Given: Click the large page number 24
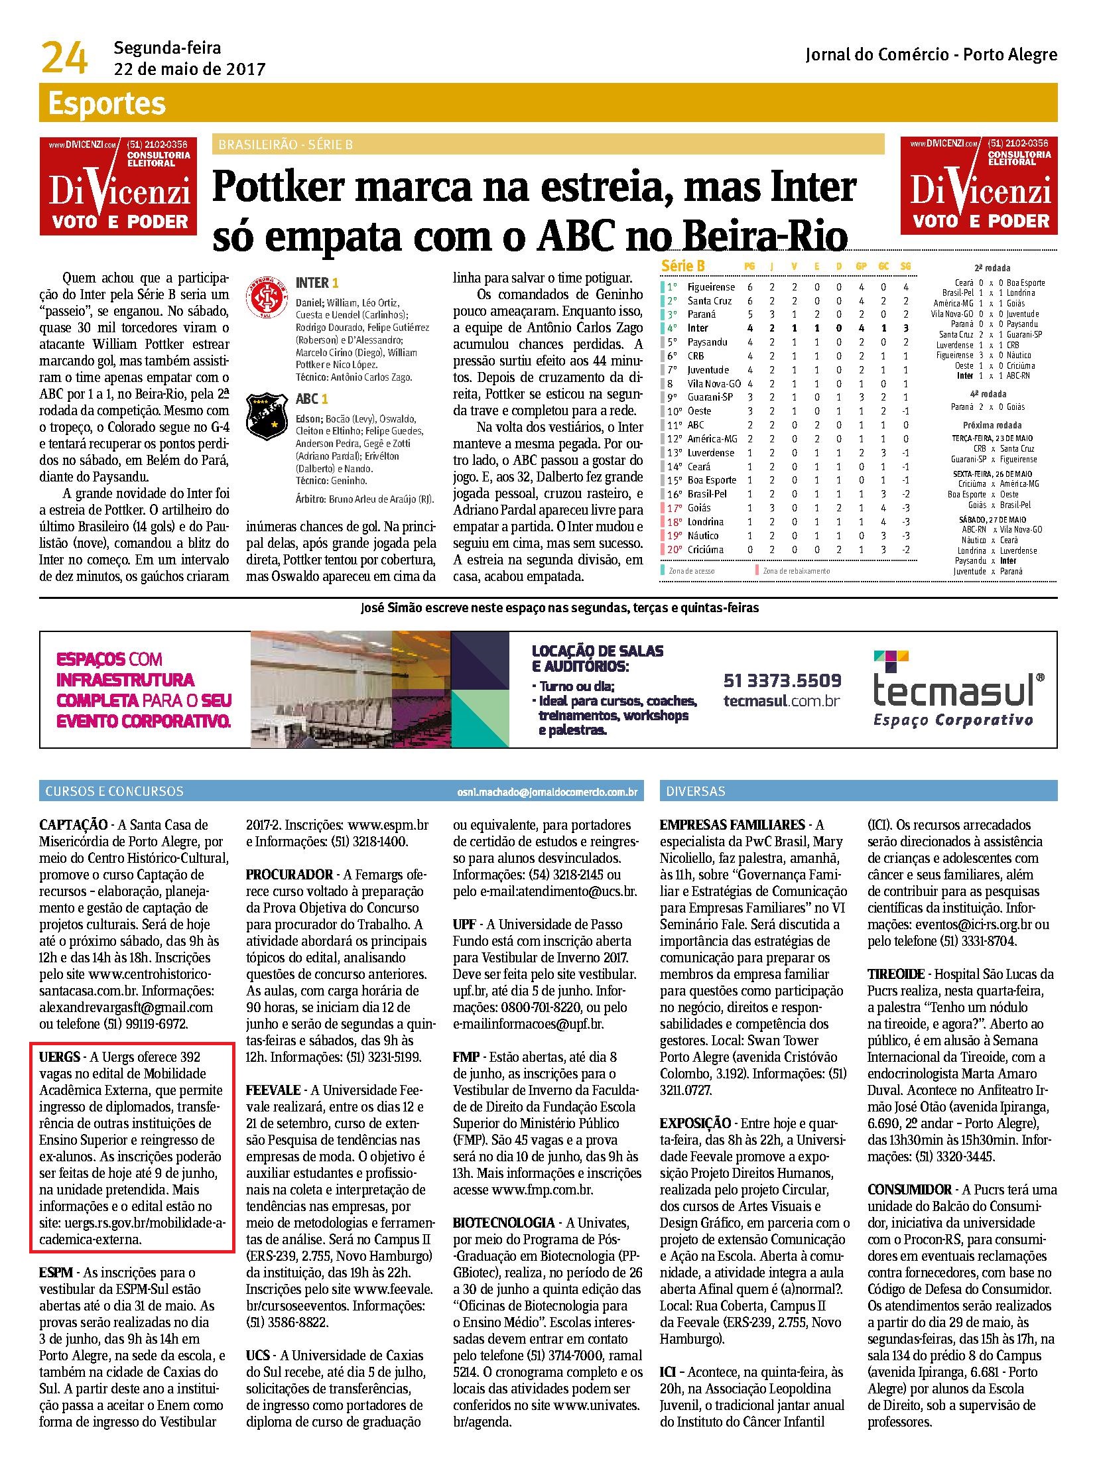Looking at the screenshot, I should click(64, 58).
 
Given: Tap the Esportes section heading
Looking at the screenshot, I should click(106, 104).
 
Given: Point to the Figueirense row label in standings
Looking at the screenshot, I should click(711, 287).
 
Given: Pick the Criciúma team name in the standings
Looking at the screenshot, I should click(706, 549).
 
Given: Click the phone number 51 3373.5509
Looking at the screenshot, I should click(781, 680).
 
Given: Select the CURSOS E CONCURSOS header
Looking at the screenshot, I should click(114, 791).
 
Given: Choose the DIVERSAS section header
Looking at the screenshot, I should click(696, 791).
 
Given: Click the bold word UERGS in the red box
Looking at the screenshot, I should click(59, 1056).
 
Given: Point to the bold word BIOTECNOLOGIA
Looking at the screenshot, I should click(503, 1222).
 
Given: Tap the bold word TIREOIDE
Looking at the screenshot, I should click(896, 974).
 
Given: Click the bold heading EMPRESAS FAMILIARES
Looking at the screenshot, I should click(732, 825).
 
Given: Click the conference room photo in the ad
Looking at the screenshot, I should click(350, 688).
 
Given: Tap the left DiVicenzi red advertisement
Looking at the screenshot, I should click(118, 186).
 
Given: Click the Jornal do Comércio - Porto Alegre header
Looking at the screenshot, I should click(931, 55).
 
